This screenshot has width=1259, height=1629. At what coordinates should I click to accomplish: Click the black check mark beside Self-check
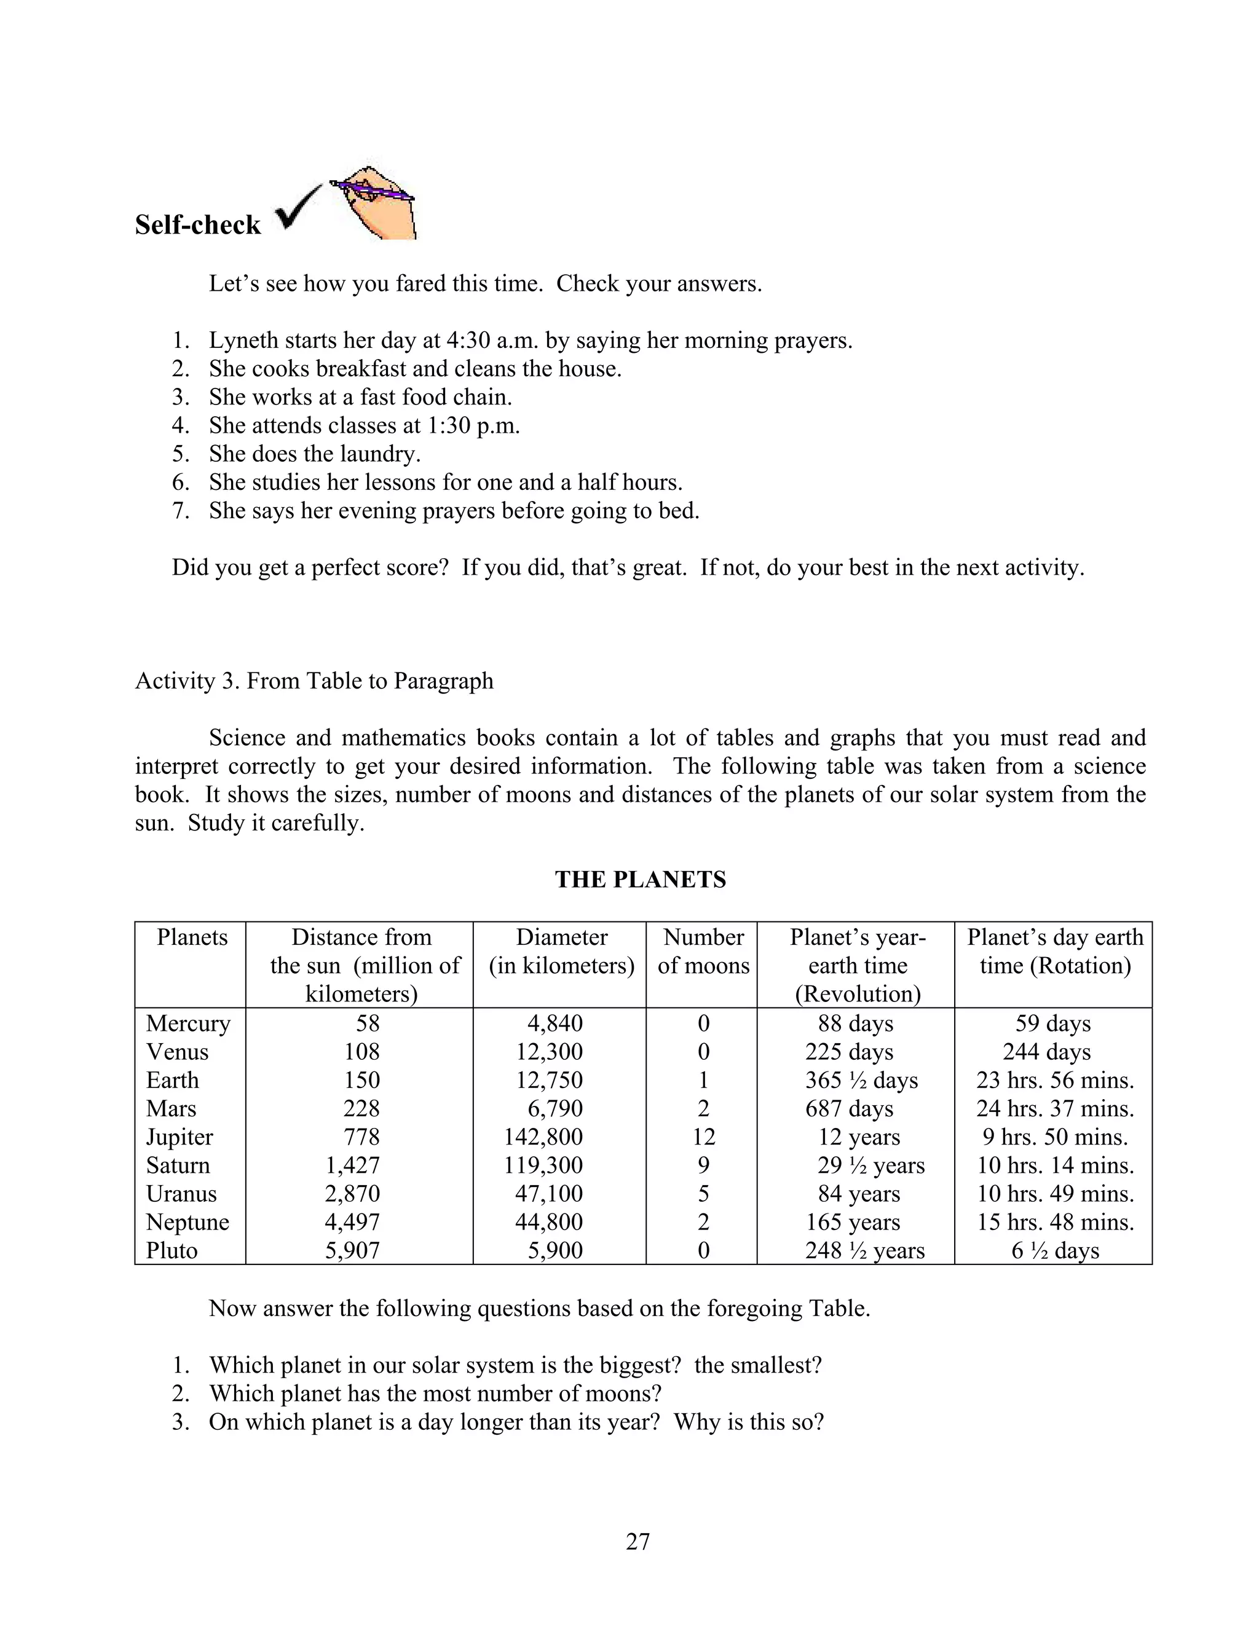pyautogui.click(x=297, y=210)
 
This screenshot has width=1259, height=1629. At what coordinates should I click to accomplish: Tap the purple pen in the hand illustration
pyautogui.click(x=371, y=189)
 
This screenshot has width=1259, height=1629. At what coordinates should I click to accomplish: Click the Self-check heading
pyautogui.click(x=198, y=224)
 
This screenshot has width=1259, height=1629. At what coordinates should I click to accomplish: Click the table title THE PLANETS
pyautogui.click(x=640, y=880)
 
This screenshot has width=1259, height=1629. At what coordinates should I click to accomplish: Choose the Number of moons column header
pyautogui.click(x=703, y=951)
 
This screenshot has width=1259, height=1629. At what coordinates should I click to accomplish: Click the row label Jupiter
pyautogui.click(x=179, y=1137)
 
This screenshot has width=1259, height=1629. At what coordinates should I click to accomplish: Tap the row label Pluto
pyautogui.click(x=172, y=1250)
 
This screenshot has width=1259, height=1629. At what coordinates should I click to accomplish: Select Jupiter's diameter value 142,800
pyautogui.click(x=543, y=1137)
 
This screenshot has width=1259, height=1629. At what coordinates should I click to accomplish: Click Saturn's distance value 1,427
pyautogui.click(x=352, y=1165)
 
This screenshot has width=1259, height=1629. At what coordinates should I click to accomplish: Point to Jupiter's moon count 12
pyautogui.click(x=703, y=1137)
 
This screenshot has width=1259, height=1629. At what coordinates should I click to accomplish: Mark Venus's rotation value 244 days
pyautogui.click(x=1046, y=1052)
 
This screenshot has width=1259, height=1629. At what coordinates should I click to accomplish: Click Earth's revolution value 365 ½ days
pyautogui.click(x=861, y=1080)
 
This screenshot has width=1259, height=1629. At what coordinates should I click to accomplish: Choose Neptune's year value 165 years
pyautogui.click(x=853, y=1222)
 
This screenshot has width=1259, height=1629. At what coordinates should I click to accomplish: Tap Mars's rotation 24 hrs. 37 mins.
pyautogui.click(x=1055, y=1108)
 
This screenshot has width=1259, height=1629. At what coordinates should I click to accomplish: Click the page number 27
pyautogui.click(x=637, y=1541)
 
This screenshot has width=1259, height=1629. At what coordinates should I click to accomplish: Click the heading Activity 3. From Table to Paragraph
pyautogui.click(x=314, y=681)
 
